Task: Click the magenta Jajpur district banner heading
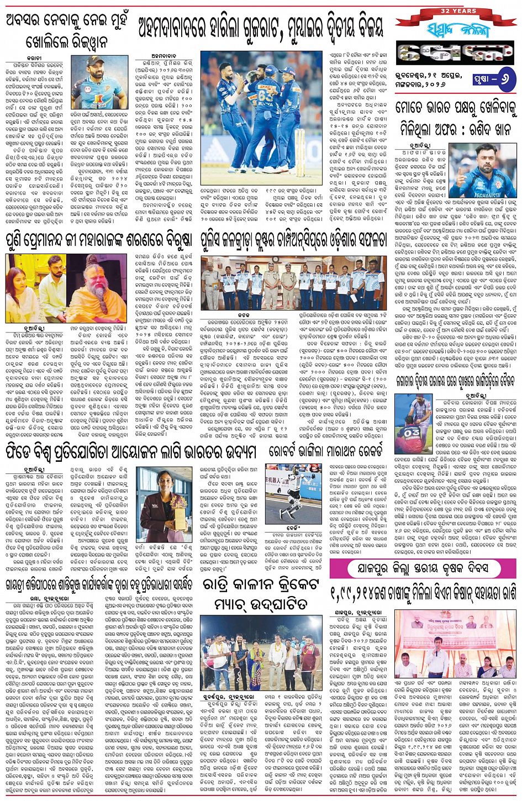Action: coord(423,568)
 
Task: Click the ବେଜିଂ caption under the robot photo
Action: coord(292,527)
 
